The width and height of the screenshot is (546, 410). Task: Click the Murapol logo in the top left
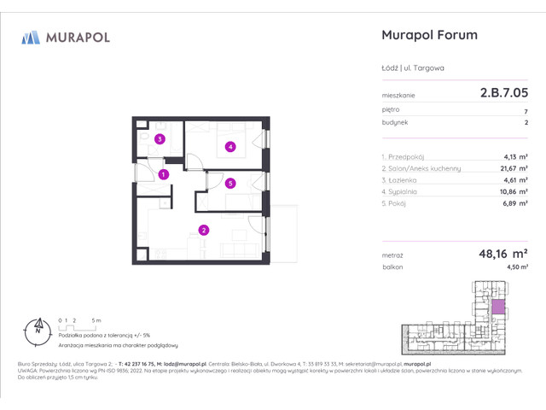coord(66,37)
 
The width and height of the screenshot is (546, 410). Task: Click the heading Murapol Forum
coord(427,36)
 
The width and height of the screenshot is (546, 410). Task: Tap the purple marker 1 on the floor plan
coord(163,174)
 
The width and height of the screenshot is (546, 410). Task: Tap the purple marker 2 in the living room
coord(204,229)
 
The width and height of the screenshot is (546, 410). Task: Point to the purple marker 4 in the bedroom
coord(229,146)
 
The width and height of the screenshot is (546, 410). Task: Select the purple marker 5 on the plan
coord(229,183)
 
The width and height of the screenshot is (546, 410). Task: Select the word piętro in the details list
coord(391,110)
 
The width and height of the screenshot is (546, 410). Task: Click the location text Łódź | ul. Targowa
coord(411,68)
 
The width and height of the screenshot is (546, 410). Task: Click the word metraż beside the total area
coord(393,255)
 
